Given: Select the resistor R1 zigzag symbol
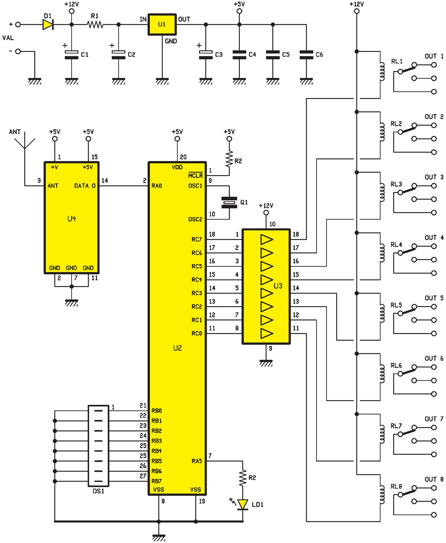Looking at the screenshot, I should click(95, 24).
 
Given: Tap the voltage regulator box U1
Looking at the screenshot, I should click(162, 24).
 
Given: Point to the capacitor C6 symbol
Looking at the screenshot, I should click(306, 55).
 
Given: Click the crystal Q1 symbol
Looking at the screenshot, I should click(229, 202).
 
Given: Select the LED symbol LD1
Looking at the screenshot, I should click(243, 504).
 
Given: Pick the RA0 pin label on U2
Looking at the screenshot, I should click(157, 186).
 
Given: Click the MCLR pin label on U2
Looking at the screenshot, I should click(195, 175).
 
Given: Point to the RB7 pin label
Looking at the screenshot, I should click(157, 481).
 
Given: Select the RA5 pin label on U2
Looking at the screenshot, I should click(197, 461).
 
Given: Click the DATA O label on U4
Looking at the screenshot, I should click(85, 186).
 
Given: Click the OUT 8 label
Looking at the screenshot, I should click(434, 479).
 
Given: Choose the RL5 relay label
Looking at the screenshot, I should click(396, 305).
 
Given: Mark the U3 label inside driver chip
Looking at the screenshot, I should click(278, 286).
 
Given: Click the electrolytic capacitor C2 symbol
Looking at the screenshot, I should click(118, 55).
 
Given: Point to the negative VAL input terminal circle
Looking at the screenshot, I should click(18, 51).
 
